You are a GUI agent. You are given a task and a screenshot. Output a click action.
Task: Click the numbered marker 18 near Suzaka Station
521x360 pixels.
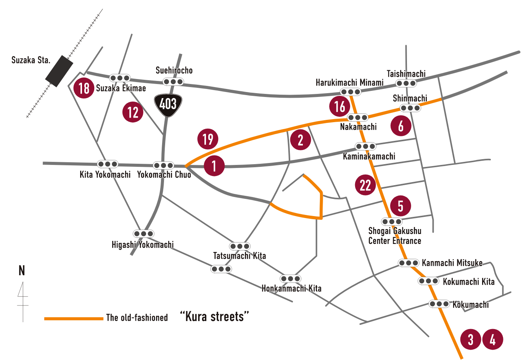[84, 88]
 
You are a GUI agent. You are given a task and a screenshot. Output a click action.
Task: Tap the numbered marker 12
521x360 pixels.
[133, 112]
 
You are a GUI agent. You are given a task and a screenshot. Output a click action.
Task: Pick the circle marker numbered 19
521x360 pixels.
[208, 139]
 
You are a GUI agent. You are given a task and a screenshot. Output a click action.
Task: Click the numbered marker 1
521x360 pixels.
[214, 166]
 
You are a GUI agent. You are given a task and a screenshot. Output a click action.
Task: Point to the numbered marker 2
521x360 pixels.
[301, 140]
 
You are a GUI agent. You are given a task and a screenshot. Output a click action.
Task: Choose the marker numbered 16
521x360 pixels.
[339, 107]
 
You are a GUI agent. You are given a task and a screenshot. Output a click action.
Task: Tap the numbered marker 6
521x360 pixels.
[401, 126]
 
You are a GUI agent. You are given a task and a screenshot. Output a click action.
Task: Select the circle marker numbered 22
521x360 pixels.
[365, 185]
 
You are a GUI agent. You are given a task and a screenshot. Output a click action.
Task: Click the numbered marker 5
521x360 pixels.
[400, 206]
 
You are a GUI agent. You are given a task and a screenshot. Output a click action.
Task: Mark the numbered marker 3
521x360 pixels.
[471, 339]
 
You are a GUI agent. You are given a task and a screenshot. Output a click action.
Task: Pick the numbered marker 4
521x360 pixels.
[493, 339]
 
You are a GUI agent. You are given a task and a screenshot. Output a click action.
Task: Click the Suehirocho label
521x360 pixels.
[174, 70]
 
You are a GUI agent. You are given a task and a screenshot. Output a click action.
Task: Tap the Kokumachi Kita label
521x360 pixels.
[468, 282]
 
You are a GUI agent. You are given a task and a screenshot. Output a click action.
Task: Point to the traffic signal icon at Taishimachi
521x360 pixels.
[406, 83]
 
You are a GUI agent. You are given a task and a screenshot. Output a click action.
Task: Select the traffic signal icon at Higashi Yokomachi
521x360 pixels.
[143, 234]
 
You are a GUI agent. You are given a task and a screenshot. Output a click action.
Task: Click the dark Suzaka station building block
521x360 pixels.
[59, 71]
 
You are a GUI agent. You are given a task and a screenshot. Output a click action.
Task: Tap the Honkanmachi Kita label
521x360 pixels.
[291, 288]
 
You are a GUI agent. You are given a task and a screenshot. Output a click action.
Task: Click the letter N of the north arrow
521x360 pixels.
[22, 271]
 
